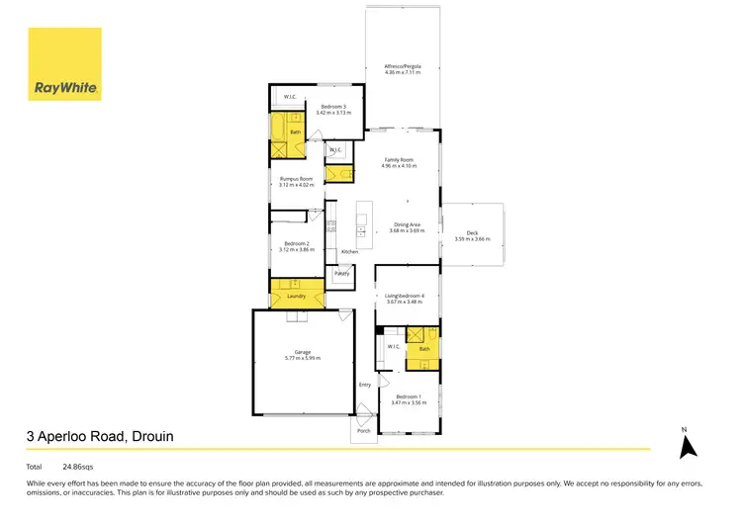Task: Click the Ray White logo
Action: coord(65,64)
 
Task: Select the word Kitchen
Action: coord(350,252)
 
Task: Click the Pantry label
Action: coord(341,274)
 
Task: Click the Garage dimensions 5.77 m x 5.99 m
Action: coord(302,358)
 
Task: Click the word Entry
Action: coord(365,385)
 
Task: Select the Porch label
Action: coord(364,432)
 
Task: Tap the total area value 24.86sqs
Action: coord(78,466)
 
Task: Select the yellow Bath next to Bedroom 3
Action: coord(295,131)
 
